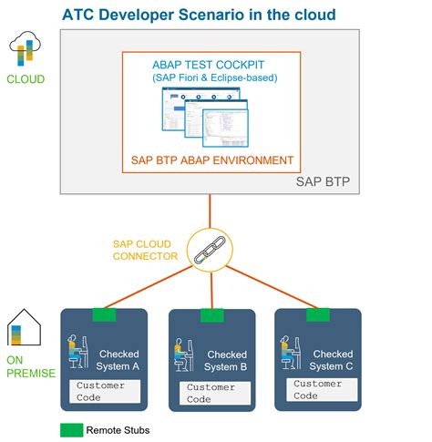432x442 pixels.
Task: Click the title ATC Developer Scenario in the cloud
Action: [198, 15]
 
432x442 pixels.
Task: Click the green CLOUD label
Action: [26, 79]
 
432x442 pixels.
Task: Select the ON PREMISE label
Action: [31, 366]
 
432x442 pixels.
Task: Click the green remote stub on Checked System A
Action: [105, 314]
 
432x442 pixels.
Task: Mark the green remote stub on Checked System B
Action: [212, 315]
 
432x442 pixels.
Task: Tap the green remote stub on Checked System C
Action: [318, 314]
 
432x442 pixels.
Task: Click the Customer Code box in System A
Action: [107, 391]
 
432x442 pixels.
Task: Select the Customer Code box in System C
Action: [319, 389]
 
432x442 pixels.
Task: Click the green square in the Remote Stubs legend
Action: [71, 429]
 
